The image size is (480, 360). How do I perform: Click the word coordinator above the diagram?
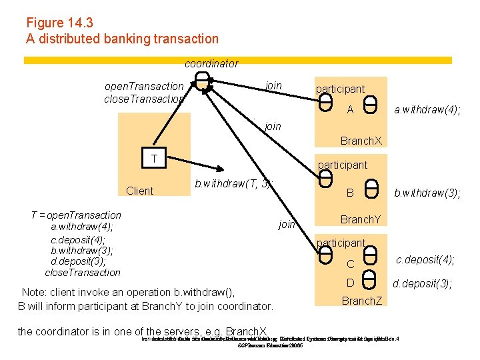(211, 64)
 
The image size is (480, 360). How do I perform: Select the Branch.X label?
(361, 141)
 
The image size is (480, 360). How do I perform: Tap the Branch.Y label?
(361, 219)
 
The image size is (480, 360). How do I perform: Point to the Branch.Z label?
(362, 301)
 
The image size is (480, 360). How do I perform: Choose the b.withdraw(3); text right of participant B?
(427, 193)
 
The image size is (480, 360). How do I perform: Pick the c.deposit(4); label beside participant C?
(425, 259)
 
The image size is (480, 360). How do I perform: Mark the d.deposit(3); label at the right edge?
(422, 284)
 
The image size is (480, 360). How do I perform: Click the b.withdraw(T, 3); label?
(234, 183)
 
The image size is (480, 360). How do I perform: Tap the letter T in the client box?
(154, 159)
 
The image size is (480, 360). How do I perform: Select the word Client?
(139, 191)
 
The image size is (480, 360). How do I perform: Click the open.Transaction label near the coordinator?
(144, 86)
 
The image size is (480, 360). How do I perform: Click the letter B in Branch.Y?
(349, 193)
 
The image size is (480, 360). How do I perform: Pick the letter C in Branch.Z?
(350, 265)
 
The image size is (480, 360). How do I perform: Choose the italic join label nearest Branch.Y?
(287, 224)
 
